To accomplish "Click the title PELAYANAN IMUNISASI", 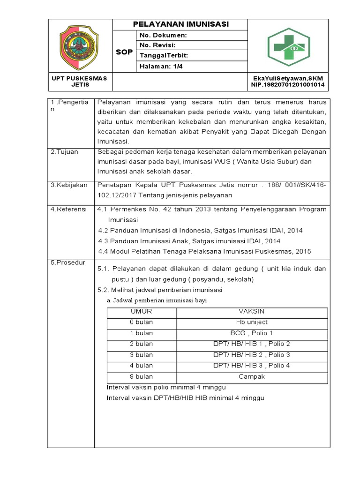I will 180,24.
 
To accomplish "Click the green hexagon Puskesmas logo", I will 289,47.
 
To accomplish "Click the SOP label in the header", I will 124,52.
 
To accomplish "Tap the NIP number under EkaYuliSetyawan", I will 287,85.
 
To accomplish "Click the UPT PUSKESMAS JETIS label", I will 79,82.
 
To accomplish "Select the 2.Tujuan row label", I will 65,152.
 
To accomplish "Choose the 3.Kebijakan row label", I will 69,185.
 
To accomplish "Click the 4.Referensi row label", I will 68,209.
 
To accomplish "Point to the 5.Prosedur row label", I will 68,263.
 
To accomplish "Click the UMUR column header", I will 141,311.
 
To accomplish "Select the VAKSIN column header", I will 252,311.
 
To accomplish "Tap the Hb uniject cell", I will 252,322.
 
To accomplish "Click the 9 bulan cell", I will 141,376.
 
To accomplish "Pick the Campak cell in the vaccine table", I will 252,376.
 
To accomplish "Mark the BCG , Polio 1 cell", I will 252,333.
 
